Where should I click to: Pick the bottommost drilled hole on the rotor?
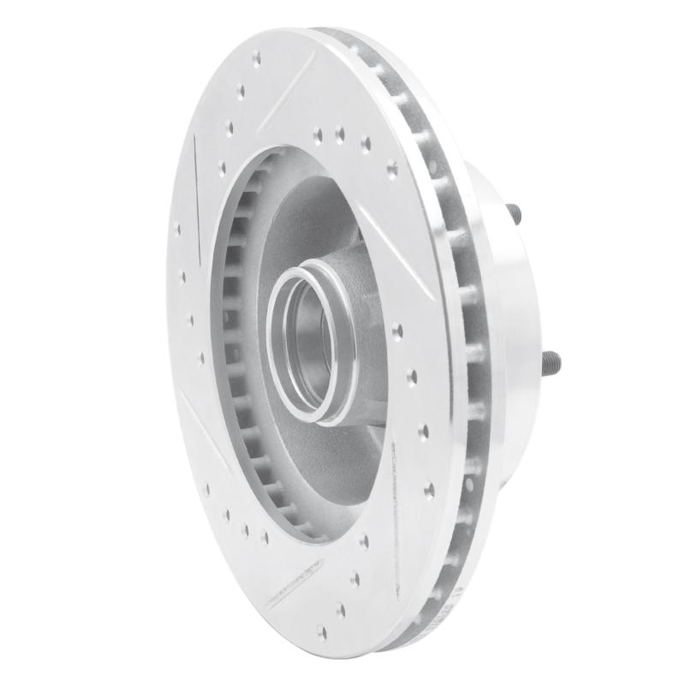click(322, 631)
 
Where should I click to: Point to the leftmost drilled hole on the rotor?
click(177, 229)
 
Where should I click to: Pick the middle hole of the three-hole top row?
click(340, 134)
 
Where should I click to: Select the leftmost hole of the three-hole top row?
click(318, 133)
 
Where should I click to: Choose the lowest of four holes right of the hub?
click(429, 490)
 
